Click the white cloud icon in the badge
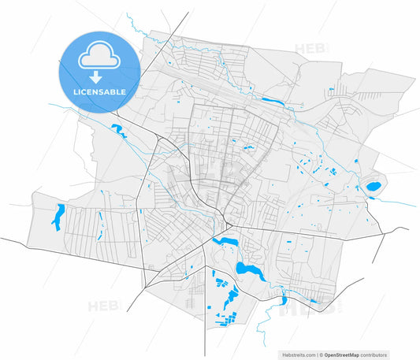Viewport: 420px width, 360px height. [98, 56]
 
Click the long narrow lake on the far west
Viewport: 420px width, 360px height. [58, 217]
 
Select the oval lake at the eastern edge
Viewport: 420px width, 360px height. [372, 187]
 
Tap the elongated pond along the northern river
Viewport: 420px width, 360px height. [273, 101]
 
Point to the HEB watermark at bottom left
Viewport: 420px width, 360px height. [102, 306]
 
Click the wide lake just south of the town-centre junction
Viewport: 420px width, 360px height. [227, 242]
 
